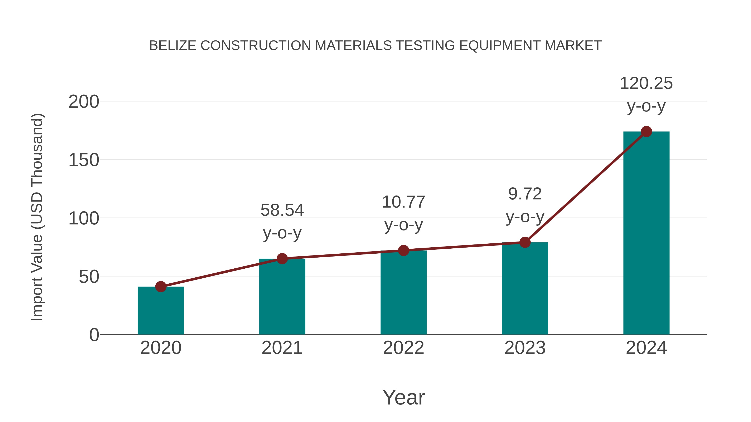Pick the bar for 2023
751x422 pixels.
(x=525, y=288)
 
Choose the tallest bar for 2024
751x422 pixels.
(x=646, y=233)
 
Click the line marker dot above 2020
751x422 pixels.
(x=161, y=287)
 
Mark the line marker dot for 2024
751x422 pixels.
(x=646, y=132)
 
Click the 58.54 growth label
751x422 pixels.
(x=282, y=210)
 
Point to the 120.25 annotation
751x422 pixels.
(x=646, y=83)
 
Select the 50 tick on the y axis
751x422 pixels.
(x=89, y=277)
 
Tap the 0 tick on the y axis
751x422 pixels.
(x=94, y=335)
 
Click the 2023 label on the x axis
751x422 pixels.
(x=525, y=348)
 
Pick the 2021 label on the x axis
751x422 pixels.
(x=282, y=348)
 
